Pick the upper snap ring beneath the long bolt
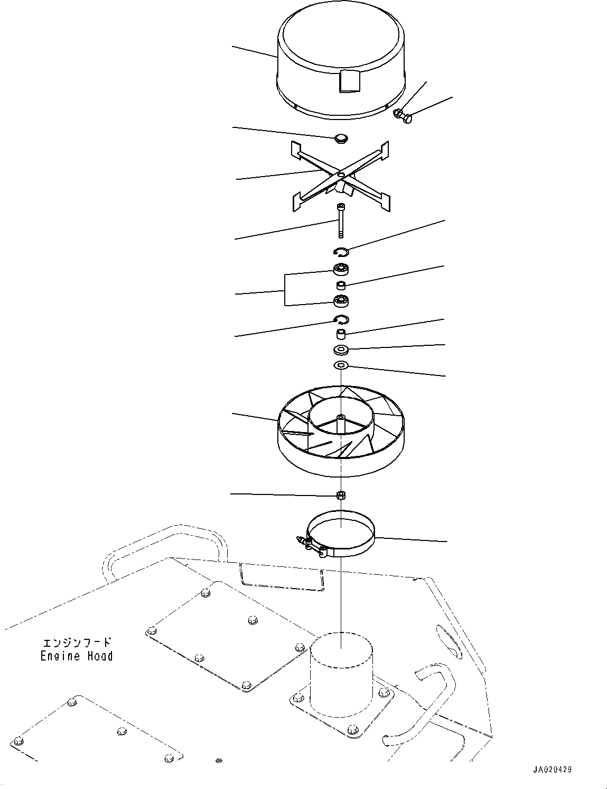click(x=341, y=251)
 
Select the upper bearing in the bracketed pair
click(x=341, y=269)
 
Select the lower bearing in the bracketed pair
click(x=341, y=301)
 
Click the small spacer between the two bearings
click(x=342, y=286)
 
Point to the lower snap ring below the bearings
click(x=341, y=319)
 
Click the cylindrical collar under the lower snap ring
click(x=342, y=334)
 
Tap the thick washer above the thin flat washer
click(x=341, y=350)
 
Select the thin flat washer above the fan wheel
click(x=341, y=365)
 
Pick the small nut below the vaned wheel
click(x=341, y=495)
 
